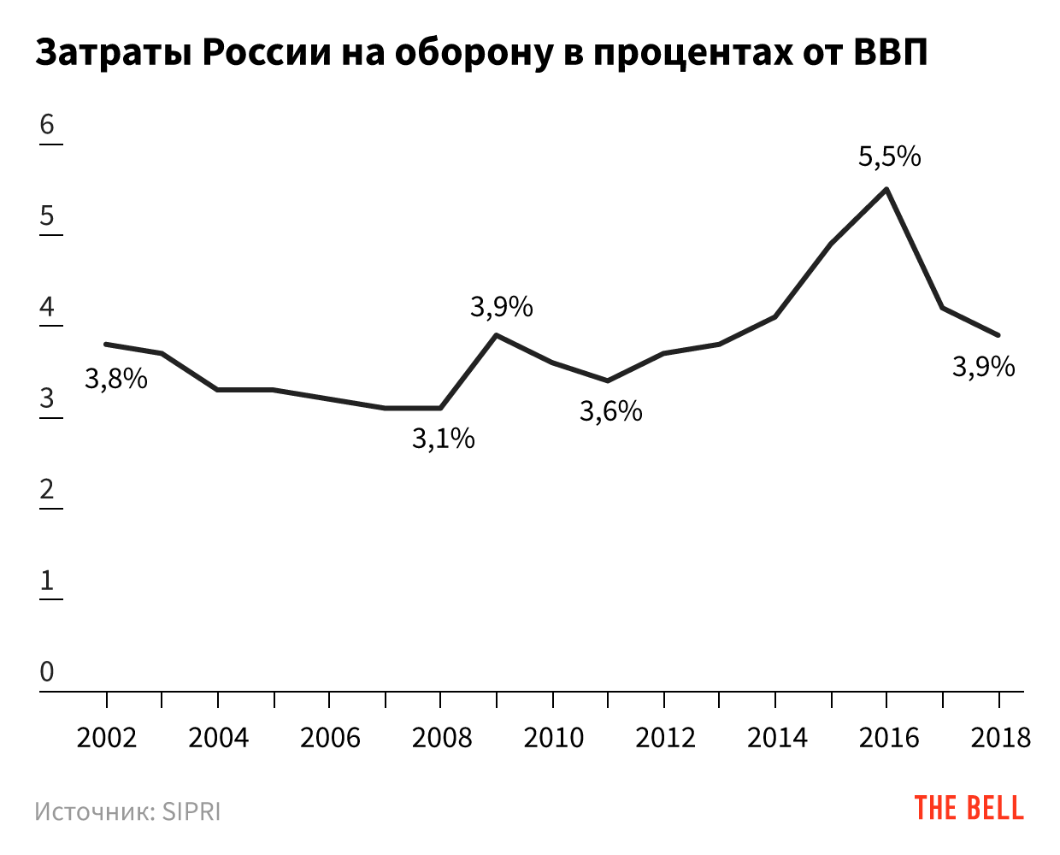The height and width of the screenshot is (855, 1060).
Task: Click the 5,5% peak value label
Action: (890, 156)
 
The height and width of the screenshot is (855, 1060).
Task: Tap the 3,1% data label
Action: (443, 439)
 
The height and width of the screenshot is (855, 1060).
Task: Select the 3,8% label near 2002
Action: (116, 378)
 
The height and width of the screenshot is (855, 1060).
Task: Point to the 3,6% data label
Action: (610, 411)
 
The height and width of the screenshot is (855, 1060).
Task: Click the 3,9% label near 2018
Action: (984, 367)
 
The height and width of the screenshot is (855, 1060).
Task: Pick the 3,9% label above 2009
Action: (502, 307)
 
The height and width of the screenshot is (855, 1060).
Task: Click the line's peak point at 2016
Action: (887, 189)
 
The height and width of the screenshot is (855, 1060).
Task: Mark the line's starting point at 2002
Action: (106, 344)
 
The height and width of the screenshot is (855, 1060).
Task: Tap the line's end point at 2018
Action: (998, 334)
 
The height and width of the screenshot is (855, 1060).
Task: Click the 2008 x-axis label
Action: (442, 737)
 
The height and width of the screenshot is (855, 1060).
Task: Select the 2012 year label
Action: (665, 737)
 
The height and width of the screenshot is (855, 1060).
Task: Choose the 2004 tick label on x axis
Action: (218, 737)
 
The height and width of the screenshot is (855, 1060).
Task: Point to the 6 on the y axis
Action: (47, 125)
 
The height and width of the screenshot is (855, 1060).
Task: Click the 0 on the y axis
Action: (47, 672)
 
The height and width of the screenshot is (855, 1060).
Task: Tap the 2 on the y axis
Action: (47, 490)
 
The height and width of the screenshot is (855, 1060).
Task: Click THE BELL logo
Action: (969, 808)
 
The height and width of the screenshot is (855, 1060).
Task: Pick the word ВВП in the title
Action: (891, 54)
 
